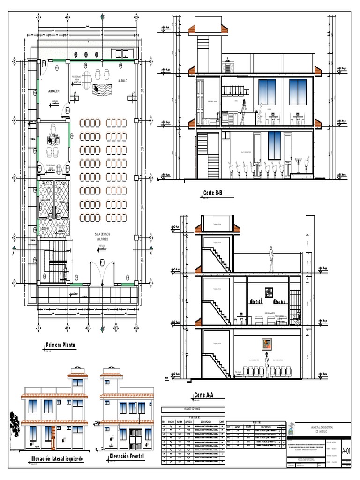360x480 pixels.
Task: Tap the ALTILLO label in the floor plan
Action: (123, 81)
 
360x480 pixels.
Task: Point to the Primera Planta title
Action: (60, 345)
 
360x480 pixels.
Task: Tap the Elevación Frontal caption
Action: (127, 456)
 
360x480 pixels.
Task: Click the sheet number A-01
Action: (346, 451)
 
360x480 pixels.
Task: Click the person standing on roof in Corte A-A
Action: (271, 258)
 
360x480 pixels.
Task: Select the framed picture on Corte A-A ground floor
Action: (266, 344)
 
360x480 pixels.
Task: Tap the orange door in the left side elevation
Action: (53, 436)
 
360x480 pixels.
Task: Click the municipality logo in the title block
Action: (292, 428)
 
